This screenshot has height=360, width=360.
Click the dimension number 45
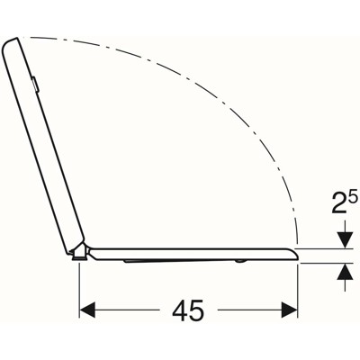(188, 310)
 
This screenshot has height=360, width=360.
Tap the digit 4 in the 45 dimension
(180, 310)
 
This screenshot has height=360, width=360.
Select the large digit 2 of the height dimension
(339, 203)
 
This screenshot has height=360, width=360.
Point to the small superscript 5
(354, 198)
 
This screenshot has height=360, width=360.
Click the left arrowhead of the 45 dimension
(87, 310)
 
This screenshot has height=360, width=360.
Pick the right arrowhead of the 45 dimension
(289, 310)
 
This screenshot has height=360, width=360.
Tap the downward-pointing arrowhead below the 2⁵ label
(345, 240)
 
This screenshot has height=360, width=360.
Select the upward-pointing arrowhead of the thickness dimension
(345, 272)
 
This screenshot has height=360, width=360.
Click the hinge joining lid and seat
(80, 249)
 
